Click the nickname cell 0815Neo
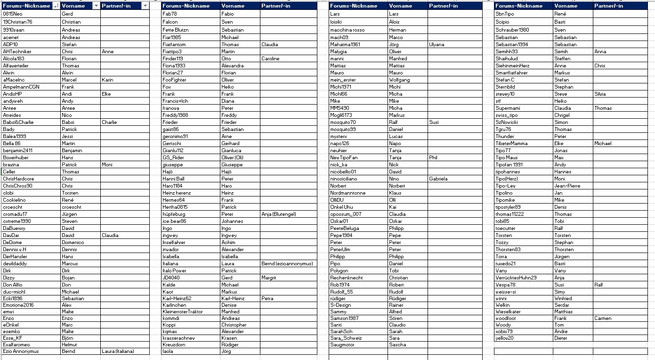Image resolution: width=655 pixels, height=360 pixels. coord(13,14)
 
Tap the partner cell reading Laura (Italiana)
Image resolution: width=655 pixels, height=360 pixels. coord(118,351)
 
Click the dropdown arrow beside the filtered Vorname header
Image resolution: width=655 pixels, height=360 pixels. coord(96,6)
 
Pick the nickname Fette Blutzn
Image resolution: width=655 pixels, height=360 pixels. coord(176,30)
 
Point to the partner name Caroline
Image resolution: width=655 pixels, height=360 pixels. coord(270,58)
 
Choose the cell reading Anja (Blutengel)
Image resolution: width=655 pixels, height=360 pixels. coord(279,214)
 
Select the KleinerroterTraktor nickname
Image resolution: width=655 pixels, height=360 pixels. coord(183,311)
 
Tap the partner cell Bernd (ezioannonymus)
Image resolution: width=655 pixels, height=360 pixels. coord(287,263)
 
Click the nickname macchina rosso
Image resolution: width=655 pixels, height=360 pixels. coord(348,30)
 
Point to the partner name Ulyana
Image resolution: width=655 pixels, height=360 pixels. coord(437,44)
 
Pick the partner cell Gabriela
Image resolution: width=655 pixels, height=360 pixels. coord(438,179)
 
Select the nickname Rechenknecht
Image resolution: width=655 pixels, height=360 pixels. coord(347,278)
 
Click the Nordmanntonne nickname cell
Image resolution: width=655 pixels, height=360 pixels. coord(348,193)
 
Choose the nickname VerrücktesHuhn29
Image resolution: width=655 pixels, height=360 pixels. coord(516,278)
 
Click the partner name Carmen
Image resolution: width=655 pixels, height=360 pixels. coord(603,318)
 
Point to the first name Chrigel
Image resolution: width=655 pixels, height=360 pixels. coord(562,115)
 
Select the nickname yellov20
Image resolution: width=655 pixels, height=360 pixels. coord(504,338)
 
